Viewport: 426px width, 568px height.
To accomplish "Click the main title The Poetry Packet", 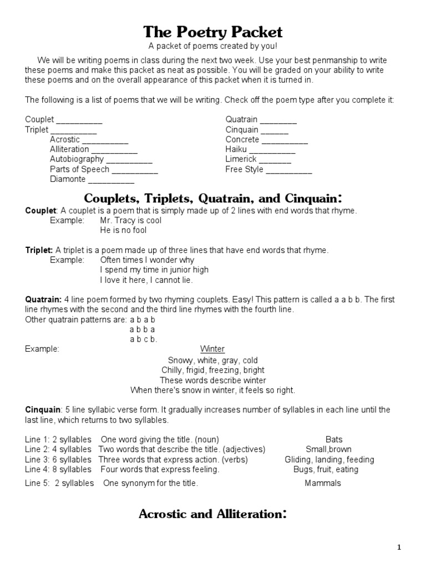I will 213,32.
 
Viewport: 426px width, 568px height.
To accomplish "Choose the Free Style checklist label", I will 245,169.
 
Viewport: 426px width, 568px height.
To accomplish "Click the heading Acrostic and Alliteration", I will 212,514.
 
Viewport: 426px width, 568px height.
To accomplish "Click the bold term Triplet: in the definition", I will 39,250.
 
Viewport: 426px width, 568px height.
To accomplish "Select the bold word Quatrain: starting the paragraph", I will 43,300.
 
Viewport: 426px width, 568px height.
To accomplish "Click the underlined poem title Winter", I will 212,349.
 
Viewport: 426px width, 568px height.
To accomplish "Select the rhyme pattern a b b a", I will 142,329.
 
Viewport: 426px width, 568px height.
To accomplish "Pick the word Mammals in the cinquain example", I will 323,483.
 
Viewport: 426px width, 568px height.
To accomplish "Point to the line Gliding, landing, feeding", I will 329,459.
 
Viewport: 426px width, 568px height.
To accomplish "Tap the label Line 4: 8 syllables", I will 58,469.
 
